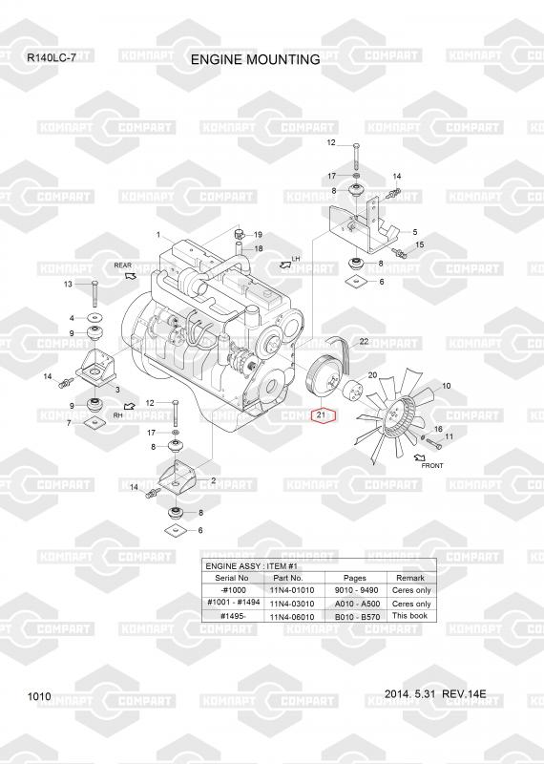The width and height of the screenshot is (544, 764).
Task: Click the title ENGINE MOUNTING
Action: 255,59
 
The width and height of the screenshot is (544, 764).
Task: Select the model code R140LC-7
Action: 52,58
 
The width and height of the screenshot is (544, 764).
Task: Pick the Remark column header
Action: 410,578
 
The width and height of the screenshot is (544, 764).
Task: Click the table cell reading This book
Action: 409,615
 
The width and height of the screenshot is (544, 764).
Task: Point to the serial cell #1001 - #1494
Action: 233,603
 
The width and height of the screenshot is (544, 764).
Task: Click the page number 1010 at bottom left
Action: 39,696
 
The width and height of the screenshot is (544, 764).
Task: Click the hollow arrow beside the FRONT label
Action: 420,458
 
